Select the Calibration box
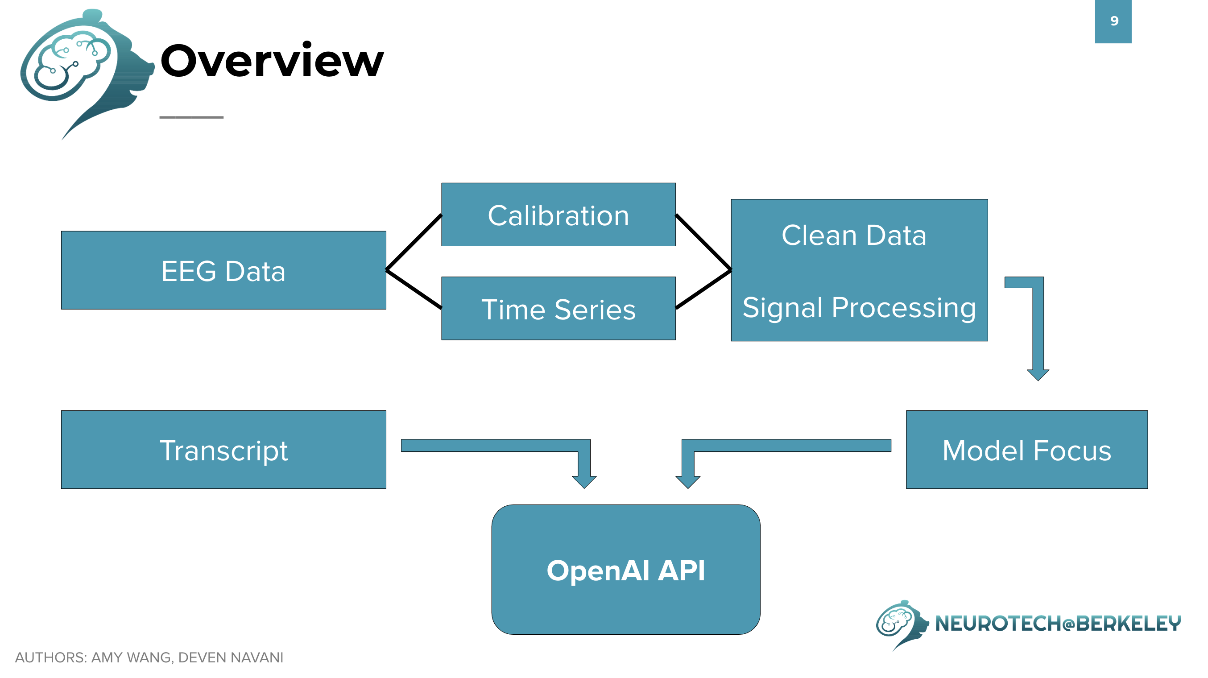[x=558, y=214]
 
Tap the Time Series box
[x=558, y=308]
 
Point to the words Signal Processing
[x=859, y=308]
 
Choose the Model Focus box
[x=1027, y=450]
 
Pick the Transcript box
[x=223, y=450]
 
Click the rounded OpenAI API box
[x=626, y=570]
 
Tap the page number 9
[x=1115, y=21]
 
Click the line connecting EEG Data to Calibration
[x=414, y=242]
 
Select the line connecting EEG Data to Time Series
[x=414, y=289]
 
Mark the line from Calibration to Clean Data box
[x=703, y=242]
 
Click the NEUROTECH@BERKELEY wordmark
[x=1058, y=624]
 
